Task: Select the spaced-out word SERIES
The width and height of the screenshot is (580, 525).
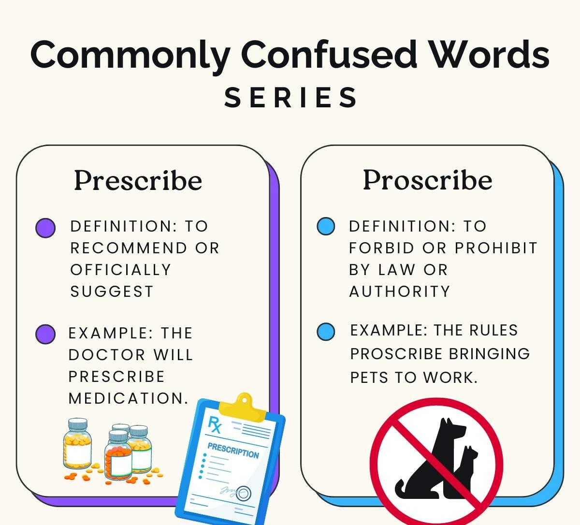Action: point(290,98)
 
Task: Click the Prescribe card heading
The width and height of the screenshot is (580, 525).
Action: point(138,181)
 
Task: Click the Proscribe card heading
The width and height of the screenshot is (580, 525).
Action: point(427,180)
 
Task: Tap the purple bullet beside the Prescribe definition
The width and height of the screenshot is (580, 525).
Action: point(45,228)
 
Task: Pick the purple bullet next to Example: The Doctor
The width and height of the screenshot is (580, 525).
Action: point(45,334)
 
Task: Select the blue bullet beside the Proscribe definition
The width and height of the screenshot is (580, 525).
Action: point(326,226)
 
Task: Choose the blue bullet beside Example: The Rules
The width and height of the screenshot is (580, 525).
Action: point(326,332)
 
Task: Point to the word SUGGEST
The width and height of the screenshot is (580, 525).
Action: point(112,292)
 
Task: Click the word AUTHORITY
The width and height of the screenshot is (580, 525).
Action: point(399,292)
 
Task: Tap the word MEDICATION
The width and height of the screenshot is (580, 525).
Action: point(128,398)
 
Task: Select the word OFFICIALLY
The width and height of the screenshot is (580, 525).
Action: point(120,270)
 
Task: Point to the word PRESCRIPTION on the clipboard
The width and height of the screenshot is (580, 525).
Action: point(233,451)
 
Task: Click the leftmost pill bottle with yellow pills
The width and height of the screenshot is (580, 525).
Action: point(77,443)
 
